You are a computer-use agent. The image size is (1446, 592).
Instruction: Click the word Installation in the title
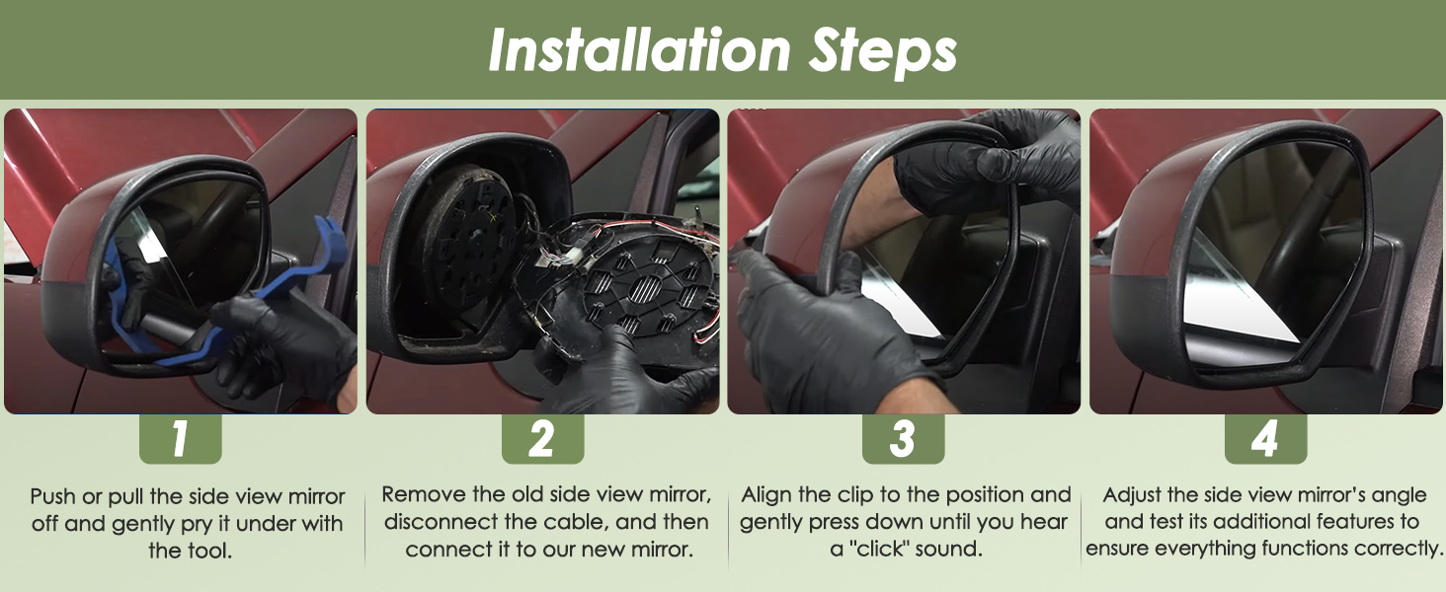(639, 49)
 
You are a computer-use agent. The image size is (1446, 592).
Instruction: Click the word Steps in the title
(882, 51)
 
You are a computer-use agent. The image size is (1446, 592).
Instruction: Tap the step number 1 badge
(180, 438)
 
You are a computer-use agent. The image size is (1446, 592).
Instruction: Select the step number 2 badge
(542, 438)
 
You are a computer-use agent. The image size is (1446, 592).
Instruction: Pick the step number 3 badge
(903, 438)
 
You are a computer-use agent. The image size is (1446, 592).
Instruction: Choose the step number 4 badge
(1265, 438)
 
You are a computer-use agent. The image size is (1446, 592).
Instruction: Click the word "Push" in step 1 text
(53, 496)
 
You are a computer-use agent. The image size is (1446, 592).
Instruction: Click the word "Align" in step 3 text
(766, 494)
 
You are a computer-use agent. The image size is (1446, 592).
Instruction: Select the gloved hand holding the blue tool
(284, 348)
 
